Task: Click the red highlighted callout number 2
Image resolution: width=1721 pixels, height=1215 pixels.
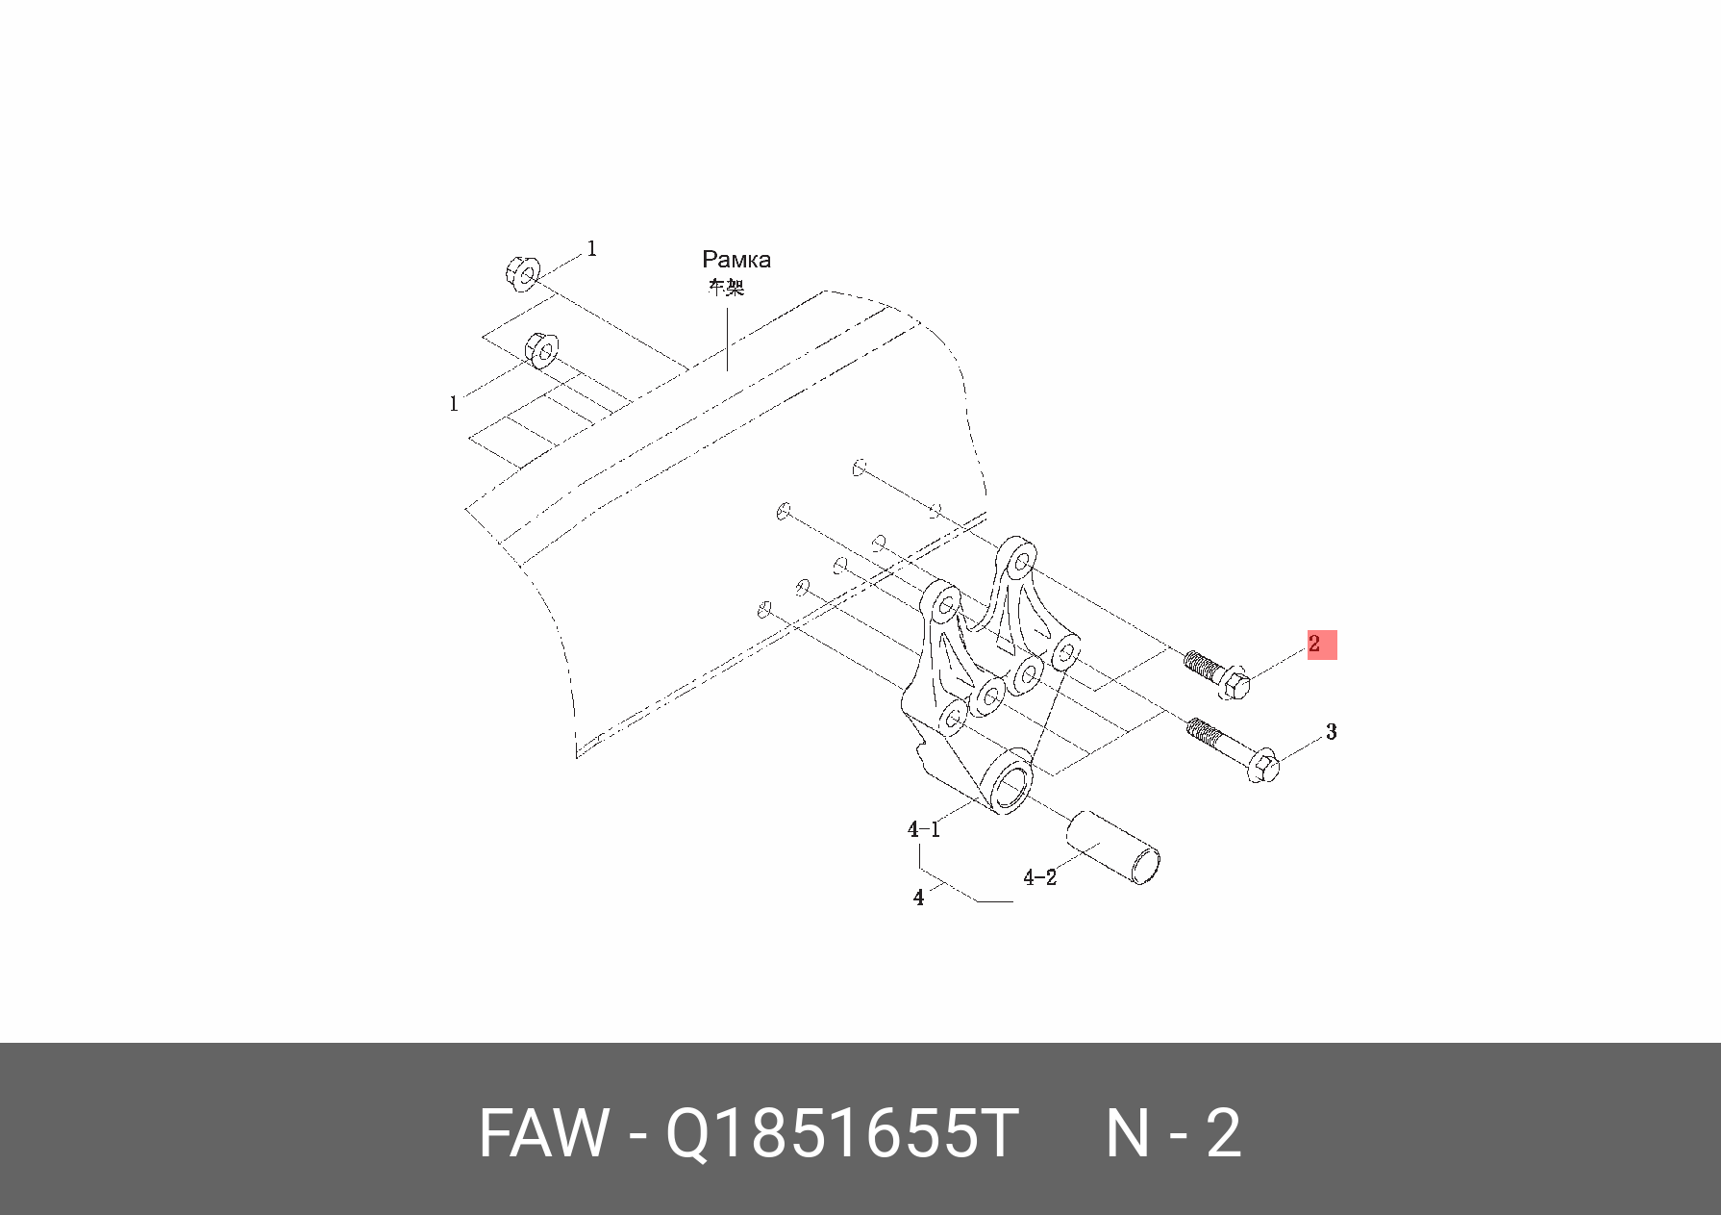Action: coord(1320,645)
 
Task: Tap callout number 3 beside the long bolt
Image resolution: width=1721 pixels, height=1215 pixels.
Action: coord(1331,732)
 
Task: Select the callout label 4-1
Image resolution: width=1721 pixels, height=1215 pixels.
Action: coord(923,829)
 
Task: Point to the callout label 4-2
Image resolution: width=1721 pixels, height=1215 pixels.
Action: coord(1039,877)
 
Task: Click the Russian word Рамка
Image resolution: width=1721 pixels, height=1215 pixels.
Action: coord(736,260)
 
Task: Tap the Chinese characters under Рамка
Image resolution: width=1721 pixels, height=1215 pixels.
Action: coord(726,287)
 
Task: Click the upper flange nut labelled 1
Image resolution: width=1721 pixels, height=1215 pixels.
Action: coord(521,273)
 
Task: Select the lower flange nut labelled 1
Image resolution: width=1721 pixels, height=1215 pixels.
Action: coord(541,350)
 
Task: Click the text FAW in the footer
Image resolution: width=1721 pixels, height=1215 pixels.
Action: coord(543,1133)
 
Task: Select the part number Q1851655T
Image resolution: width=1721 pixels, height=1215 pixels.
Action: coord(841,1133)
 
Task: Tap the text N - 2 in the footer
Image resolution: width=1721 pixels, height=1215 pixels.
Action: coord(1173,1133)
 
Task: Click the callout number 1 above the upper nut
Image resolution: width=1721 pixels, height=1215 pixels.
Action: coord(591,248)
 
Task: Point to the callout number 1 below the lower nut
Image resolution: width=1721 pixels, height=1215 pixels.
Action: coord(454,404)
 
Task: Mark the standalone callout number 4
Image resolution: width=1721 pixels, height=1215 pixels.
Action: coord(918,898)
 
